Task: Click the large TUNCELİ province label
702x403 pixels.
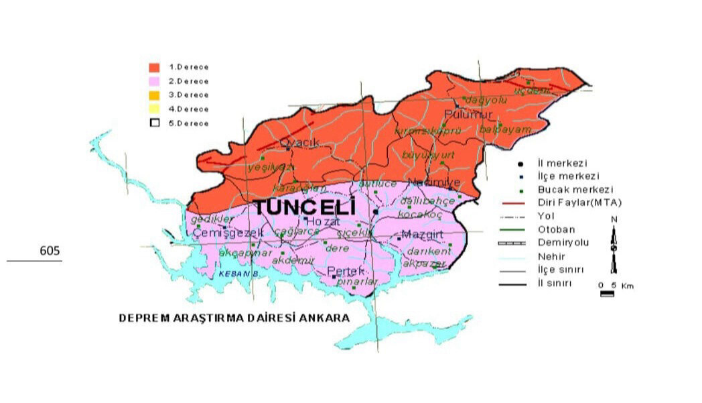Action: [304, 208]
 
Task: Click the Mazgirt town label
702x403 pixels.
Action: [417, 235]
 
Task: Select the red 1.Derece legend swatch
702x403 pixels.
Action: [154, 67]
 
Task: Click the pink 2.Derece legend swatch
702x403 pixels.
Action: [154, 81]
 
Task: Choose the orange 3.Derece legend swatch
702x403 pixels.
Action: [154, 95]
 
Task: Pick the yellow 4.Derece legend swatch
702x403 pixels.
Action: [154, 109]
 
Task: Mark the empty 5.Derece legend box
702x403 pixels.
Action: [154, 123]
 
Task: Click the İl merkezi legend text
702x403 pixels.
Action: [563, 163]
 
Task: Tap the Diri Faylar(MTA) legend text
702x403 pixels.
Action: [580, 203]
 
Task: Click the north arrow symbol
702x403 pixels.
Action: [613, 241]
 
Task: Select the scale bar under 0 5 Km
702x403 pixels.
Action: [607, 294]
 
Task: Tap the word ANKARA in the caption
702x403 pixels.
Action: [327, 318]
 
